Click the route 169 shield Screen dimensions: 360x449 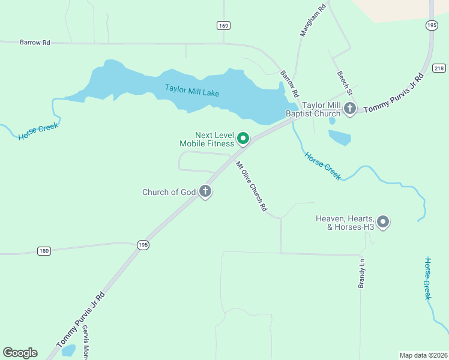[x=223, y=25]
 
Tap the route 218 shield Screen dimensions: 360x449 [x=438, y=68]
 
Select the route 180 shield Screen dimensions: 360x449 [x=44, y=251]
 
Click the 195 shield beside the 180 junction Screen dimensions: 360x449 [x=142, y=245]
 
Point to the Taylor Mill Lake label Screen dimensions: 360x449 [x=192, y=91]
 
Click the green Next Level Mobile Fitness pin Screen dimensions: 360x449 [x=243, y=139]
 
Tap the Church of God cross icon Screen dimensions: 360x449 [x=205, y=192]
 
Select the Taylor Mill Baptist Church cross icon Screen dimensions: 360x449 [x=351, y=109]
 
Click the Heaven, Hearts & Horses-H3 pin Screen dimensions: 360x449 [x=383, y=222]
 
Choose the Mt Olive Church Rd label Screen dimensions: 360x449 [x=251, y=187]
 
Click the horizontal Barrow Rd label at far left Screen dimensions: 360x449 [x=35, y=43]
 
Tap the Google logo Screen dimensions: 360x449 [x=20, y=353]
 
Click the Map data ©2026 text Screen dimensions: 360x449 [x=423, y=355]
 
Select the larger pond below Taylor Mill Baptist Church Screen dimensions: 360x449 [x=340, y=137]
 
